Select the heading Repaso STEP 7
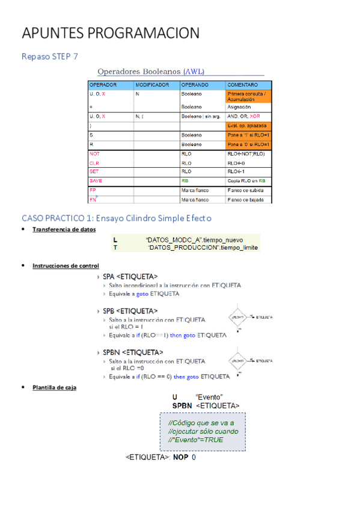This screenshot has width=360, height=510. (x=50, y=57)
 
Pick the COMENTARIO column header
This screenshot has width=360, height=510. (x=243, y=85)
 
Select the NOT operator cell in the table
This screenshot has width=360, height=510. (x=95, y=154)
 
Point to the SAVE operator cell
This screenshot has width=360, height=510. (x=96, y=180)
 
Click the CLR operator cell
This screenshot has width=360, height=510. (x=94, y=163)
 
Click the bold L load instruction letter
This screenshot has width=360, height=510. (x=115, y=239)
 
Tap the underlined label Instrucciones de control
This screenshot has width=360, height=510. (x=66, y=265)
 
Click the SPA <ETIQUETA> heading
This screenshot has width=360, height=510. (x=130, y=277)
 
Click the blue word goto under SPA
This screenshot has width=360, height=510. (x=142, y=294)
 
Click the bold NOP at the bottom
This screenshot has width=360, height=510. (x=180, y=458)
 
